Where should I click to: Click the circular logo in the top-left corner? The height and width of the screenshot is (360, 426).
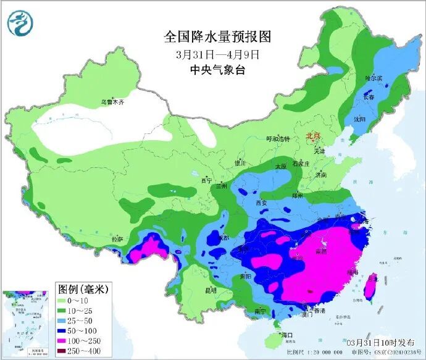(x=20, y=23)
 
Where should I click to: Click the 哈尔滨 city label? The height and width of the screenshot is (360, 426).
(x=374, y=78)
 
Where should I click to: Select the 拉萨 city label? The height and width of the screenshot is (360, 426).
(x=117, y=239)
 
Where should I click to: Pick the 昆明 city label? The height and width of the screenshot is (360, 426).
(x=211, y=290)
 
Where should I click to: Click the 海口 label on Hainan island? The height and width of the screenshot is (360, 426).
(x=285, y=334)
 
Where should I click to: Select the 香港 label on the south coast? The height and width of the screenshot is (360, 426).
(x=319, y=311)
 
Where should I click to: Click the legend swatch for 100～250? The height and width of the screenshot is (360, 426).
(x=67, y=340)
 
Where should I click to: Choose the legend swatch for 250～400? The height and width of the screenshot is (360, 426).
(x=67, y=351)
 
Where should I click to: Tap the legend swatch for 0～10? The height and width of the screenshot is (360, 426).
(x=67, y=298)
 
